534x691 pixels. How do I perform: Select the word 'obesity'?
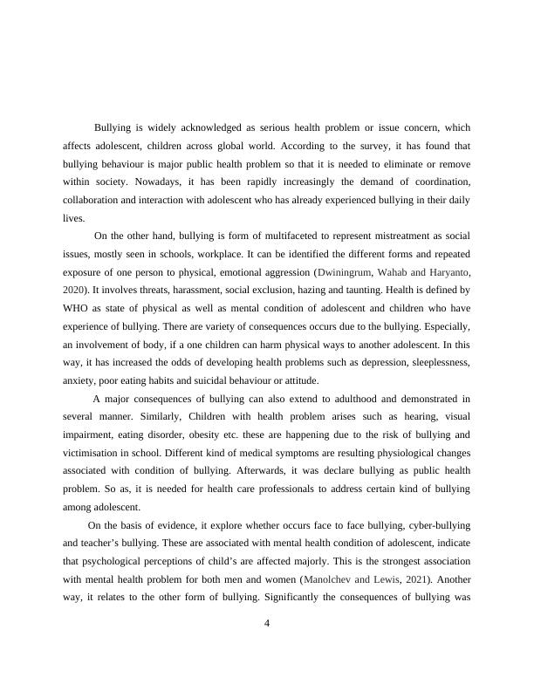[x=209, y=434]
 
